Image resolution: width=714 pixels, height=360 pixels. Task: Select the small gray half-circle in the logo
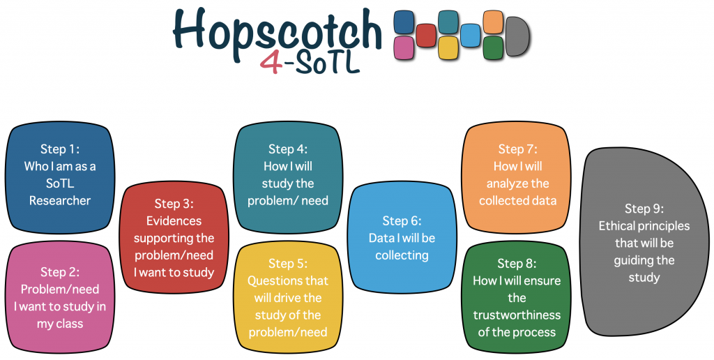[x=518, y=36]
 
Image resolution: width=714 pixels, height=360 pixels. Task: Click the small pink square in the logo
[x=404, y=48]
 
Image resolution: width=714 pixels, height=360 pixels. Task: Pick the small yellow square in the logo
[x=448, y=48]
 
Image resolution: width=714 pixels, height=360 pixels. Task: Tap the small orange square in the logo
[x=493, y=22]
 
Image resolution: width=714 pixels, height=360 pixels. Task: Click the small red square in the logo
[x=426, y=36]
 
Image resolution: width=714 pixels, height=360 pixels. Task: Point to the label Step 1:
[x=60, y=149]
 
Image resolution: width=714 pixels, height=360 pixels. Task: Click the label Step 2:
[x=60, y=272]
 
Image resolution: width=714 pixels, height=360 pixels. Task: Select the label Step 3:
[x=174, y=204]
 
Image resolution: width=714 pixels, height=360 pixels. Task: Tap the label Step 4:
[x=288, y=149]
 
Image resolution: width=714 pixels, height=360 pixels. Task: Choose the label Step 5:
[x=288, y=264]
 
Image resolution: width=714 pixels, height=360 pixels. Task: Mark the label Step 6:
[x=402, y=221]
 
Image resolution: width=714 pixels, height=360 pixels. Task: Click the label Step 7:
[x=518, y=149]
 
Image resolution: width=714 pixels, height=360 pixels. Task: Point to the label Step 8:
[x=517, y=264]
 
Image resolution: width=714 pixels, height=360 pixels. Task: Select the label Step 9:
[x=644, y=209]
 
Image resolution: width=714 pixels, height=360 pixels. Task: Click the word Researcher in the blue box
[x=60, y=200]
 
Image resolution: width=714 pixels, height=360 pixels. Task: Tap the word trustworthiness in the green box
[x=517, y=315]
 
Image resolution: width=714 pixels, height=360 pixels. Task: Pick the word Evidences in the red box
[x=174, y=221]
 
